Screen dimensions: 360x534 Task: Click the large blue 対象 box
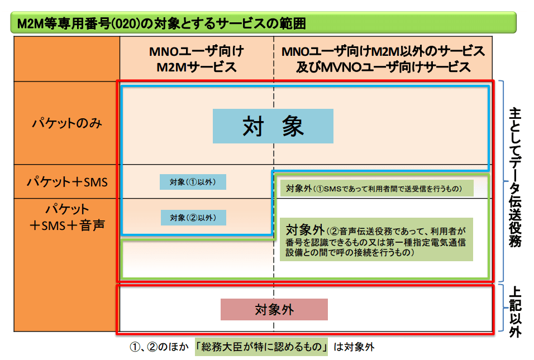tap(273, 126)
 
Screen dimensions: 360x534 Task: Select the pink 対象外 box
tap(274, 310)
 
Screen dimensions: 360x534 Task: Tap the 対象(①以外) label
tap(193, 182)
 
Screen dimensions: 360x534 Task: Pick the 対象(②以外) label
tap(193, 217)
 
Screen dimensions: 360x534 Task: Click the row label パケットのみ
tap(67, 123)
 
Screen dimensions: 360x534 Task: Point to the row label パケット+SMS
tap(67, 183)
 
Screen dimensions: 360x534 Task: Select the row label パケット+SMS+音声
tap(67, 218)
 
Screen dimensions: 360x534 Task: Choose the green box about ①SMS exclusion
tap(376, 188)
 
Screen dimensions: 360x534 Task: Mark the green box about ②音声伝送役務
tap(376, 238)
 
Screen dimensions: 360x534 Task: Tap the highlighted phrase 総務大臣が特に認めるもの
tap(262, 347)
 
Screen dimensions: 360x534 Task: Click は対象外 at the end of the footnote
tap(354, 347)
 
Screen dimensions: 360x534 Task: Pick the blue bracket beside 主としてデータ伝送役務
tap(501, 179)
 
